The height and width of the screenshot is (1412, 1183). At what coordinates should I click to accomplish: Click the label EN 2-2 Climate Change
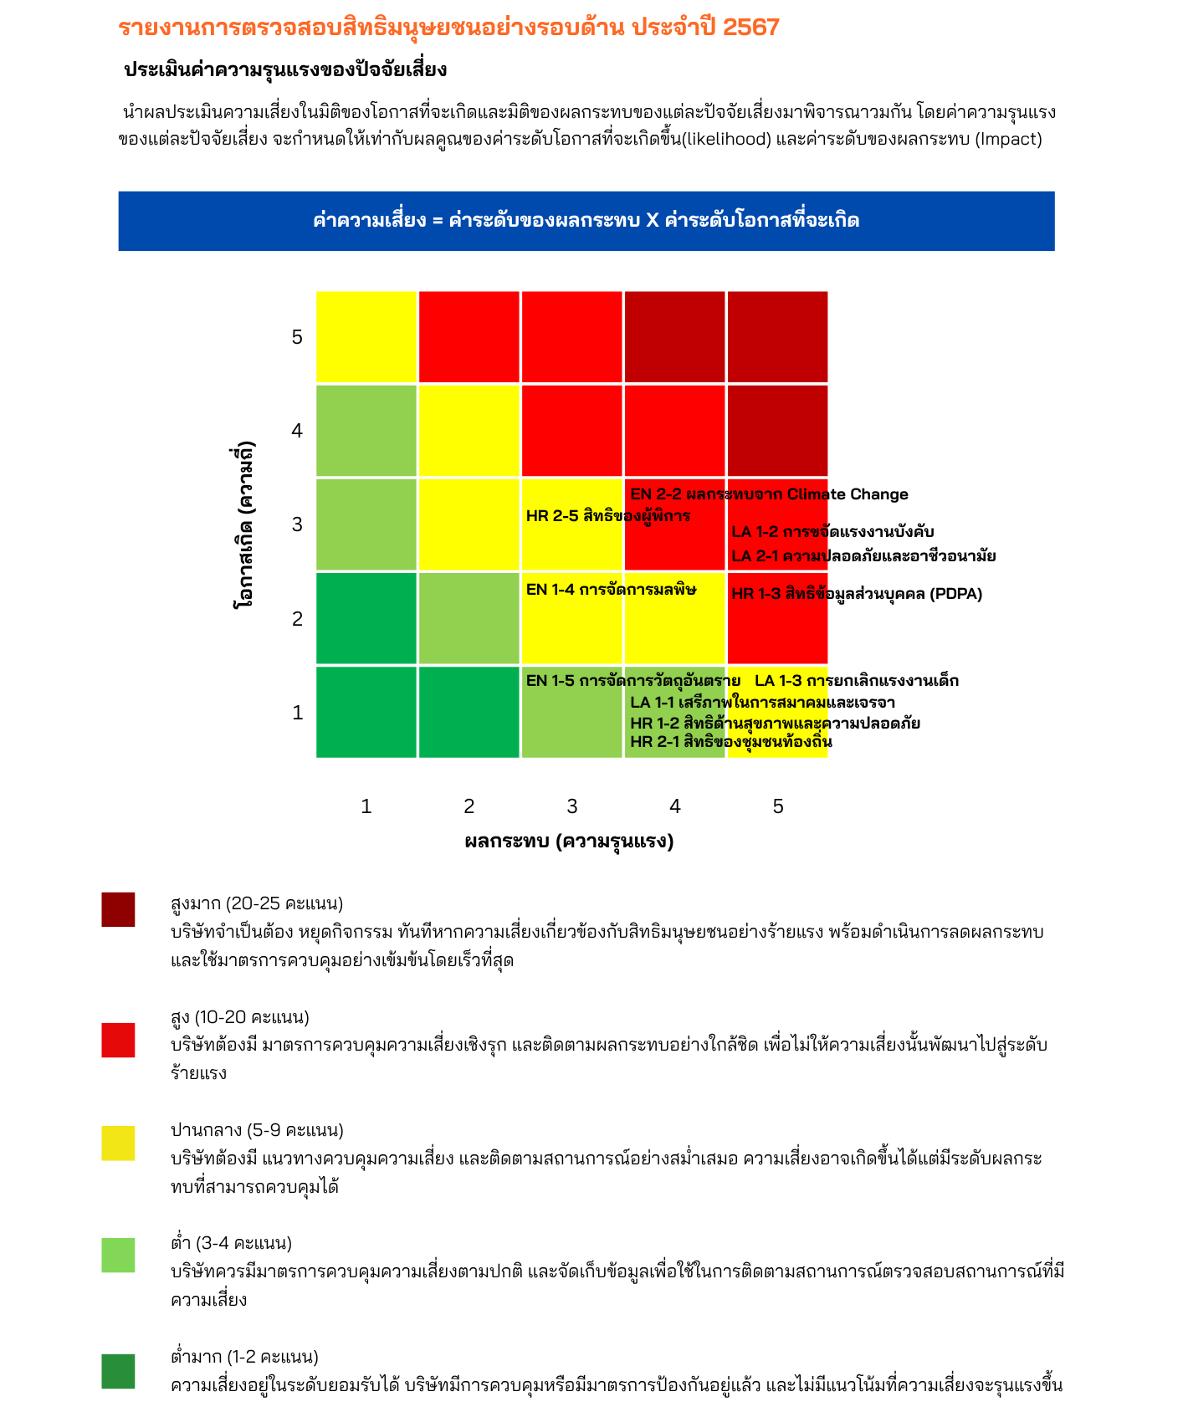pyautogui.click(x=769, y=494)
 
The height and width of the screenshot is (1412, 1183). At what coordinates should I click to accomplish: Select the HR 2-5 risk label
pyautogui.click(x=608, y=516)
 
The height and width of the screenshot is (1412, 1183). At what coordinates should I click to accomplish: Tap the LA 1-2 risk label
pyautogui.click(x=832, y=532)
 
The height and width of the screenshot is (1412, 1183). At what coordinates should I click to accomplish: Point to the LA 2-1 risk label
pyautogui.click(x=863, y=556)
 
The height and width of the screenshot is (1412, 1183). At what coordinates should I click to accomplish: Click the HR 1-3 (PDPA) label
pyautogui.click(x=857, y=594)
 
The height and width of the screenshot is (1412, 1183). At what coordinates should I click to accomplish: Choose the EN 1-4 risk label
pyautogui.click(x=611, y=590)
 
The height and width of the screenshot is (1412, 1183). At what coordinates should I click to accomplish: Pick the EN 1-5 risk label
pyautogui.click(x=632, y=681)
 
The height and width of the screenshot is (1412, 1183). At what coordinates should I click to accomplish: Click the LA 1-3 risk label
pyautogui.click(x=857, y=681)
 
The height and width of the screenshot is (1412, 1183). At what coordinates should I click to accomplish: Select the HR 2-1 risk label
pyautogui.click(x=731, y=742)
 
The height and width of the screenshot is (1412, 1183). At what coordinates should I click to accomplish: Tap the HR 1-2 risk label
pyautogui.click(x=775, y=724)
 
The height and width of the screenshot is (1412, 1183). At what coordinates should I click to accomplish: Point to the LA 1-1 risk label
pyautogui.click(x=762, y=703)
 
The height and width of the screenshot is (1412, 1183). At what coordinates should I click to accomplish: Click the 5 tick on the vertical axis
pyautogui.click(x=297, y=337)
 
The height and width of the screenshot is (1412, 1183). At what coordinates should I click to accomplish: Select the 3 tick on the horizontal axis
pyautogui.click(x=572, y=806)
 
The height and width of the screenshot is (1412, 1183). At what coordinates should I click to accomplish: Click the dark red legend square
pyautogui.click(x=118, y=909)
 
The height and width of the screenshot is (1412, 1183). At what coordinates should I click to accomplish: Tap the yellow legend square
pyautogui.click(x=118, y=1143)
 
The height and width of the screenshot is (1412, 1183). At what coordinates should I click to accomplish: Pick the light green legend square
pyautogui.click(x=118, y=1256)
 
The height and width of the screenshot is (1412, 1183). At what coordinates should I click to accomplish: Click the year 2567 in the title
pyautogui.click(x=750, y=28)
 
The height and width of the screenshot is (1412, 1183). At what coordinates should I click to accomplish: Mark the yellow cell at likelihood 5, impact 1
pyautogui.click(x=366, y=337)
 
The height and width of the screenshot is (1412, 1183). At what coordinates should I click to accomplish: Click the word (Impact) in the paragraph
pyautogui.click(x=1008, y=139)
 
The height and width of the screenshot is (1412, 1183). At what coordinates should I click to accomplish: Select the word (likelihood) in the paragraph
pyautogui.click(x=727, y=139)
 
